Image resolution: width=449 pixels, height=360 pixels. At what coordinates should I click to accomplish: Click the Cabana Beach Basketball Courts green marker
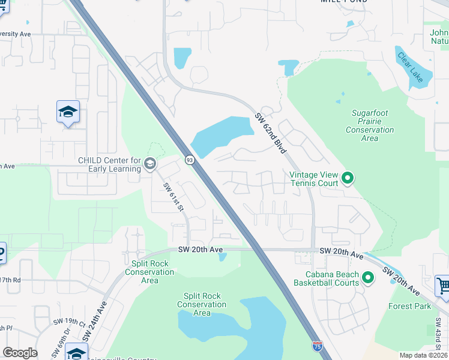pyautogui.click(x=368, y=278)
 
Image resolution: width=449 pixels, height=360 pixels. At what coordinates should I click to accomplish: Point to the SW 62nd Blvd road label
pyautogui.click(x=269, y=134)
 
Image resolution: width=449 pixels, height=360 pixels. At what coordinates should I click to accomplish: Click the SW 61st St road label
pyautogui.click(x=173, y=197)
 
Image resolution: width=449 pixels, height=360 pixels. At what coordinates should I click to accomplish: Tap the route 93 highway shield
pyautogui.click(x=190, y=160)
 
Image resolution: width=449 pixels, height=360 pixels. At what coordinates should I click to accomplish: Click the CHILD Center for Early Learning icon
pyautogui.click(x=149, y=163)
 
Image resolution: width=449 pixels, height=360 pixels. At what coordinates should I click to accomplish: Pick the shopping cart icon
pyautogui.click(x=443, y=286)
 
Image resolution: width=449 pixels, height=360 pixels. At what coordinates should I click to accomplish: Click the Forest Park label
pyautogui.click(x=410, y=306)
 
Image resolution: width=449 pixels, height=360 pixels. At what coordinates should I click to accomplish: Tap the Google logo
pyautogui.click(x=20, y=353)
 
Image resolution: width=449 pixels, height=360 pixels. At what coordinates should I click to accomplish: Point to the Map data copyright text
pyautogui.click(x=424, y=355)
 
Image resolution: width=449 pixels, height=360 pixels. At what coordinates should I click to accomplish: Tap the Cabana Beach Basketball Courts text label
pyautogui.click(x=327, y=279)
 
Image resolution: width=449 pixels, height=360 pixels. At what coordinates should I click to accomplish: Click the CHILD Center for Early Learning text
pyautogui.click(x=109, y=164)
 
